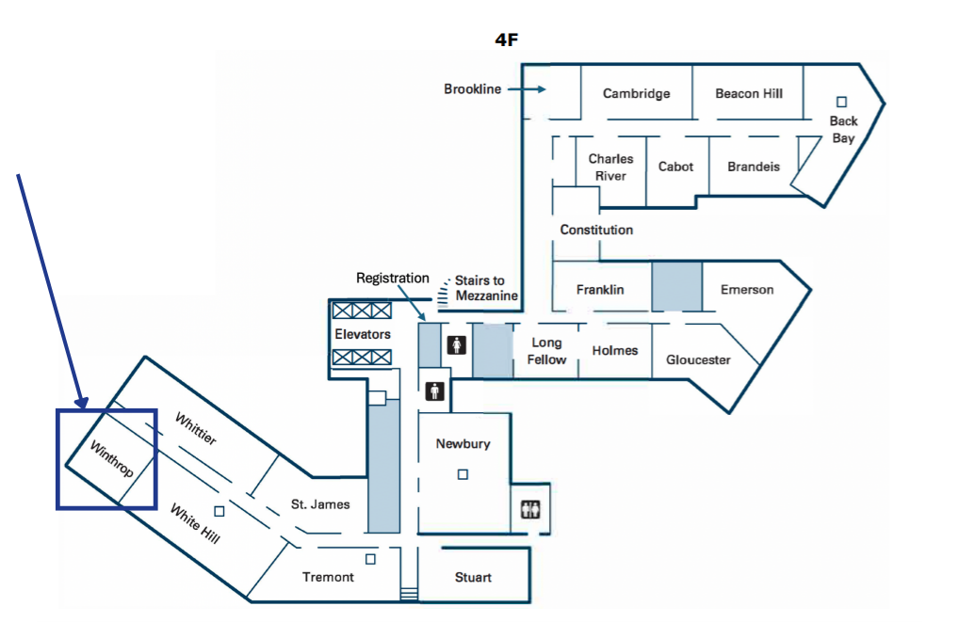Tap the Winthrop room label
click(112, 459)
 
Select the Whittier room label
click(196, 428)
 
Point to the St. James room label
click(320, 504)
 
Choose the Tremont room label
click(328, 577)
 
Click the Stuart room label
click(473, 577)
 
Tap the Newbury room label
click(463, 443)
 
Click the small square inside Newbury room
click(463, 474)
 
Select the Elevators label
click(362, 334)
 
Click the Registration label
click(392, 279)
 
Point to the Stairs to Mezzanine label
click(486, 288)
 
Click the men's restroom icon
click(435, 391)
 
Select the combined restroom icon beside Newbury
click(530, 509)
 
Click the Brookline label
click(472, 89)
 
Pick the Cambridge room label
click(637, 93)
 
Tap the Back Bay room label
click(843, 129)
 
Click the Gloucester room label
click(698, 359)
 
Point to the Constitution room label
click(596, 230)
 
